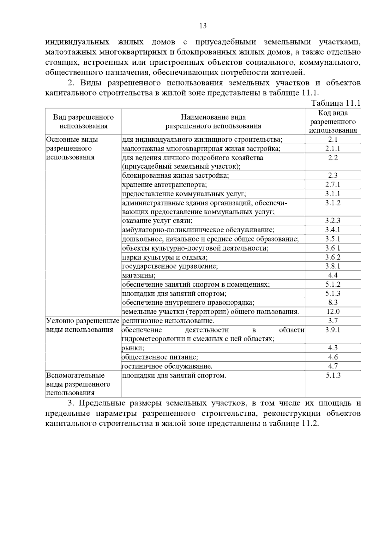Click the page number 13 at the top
(x=203, y=26)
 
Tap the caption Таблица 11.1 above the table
(x=336, y=103)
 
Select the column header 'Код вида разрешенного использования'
(x=333, y=122)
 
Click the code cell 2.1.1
(x=333, y=149)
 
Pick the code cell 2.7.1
(x=333, y=185)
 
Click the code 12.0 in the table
(x=333, y=312)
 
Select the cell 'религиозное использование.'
(x=168, y=321)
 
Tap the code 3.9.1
(x=333, y=330)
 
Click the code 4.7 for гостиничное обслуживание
(x=333, y=366)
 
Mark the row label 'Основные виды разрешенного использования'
(x=72, y=148)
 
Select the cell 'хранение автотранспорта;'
(x=164, y=185)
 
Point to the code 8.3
(x=333, y=302)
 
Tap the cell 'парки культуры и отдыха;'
(x=165, y=257)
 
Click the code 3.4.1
(x=333, y=230)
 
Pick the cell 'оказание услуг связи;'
(x=157, y=221)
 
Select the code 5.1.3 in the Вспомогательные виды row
(x=333, y=375)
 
